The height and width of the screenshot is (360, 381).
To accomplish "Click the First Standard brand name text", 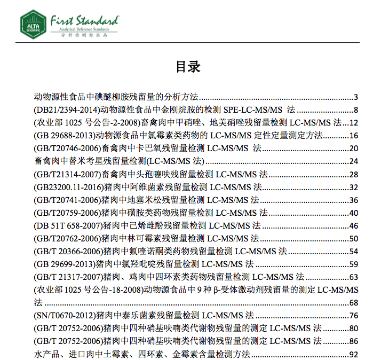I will click(x=84, y=20).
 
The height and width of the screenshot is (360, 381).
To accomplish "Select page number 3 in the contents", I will click(x=355, y=97).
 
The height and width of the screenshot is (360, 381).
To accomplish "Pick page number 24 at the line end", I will click(x=353, y=161).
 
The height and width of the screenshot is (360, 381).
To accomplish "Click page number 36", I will click(x=353, y=200).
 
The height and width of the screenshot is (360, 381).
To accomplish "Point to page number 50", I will click(x=353, y=239).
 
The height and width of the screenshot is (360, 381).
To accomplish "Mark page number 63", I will click(x=353, y=277).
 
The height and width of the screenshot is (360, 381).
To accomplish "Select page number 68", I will click(x=353, y=303).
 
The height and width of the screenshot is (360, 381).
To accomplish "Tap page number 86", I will click(x=353, y=341).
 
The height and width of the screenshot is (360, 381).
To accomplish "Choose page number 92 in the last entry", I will click(x=353, y=354).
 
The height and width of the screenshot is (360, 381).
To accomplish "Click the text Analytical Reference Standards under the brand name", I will click(x=85, y=30).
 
